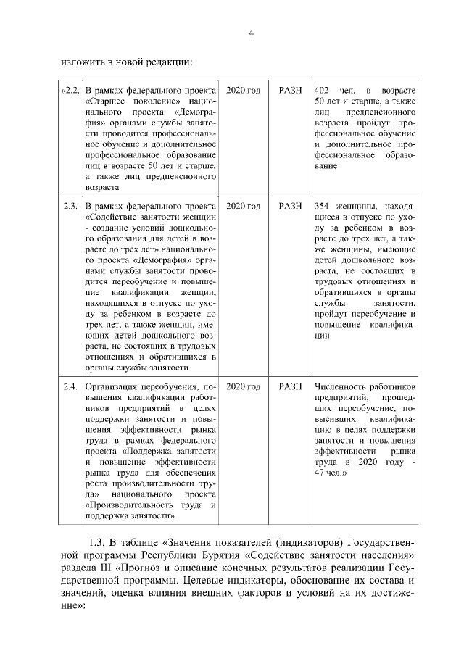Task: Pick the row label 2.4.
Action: tap(70, 386)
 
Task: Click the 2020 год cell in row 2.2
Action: tap(243, 91)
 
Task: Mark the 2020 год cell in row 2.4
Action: tap(243, 386)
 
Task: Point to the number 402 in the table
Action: tap(323, 91)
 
